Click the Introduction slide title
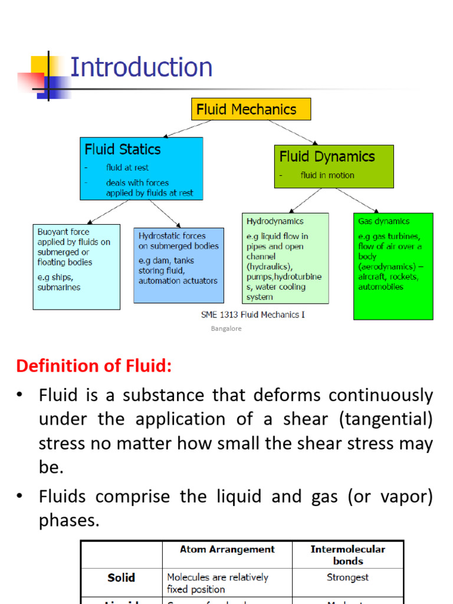pos(141,67)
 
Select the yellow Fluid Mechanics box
pos(251,109)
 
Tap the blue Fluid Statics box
pos(141,169)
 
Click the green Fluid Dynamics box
pos(333,166)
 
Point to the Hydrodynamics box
pos(285,258)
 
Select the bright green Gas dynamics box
pos(393,266)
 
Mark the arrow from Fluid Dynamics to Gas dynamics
pos(357,200)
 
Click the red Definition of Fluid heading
pos(94,366)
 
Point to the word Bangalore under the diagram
pos(226,329)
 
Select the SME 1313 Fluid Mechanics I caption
pos(253,315)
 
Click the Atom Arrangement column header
pos(227,549)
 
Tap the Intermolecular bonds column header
pos(347,555)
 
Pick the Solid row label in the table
pos(121,578)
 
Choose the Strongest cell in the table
pos(347,577)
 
